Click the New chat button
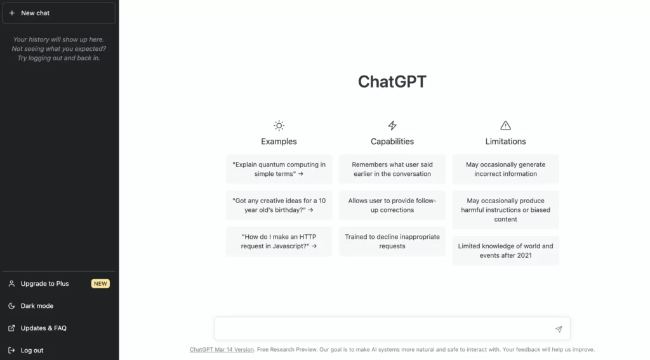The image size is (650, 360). pyautogui.click(x=59, y=13)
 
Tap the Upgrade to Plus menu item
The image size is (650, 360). pyautogui.click(x=45, y=284)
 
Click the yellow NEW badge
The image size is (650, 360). pyautogui.click(x=100, y=284)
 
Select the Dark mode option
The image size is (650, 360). pyautogui.click(x=37, y=305)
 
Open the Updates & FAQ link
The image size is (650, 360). pyautogui.click(x=44, y=328)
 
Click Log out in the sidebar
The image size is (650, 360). pyautogui.click(x=32, y=350)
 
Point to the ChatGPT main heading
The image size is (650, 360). pyautogui.click(x=392, y=82)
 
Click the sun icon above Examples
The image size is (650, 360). pyautogui.click(x=279, y=125)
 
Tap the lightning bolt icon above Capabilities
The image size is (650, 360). pyautogui.click(x=392, y=125)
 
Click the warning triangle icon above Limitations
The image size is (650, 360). pyautogui.click(x=505, y=125)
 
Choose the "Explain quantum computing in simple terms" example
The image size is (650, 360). pyautogui.click(x=279, y=170)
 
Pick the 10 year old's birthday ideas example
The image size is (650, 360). pyautogui.click(x=279, y=205)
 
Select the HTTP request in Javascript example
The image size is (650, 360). pyautogui.click(x=279, y=241)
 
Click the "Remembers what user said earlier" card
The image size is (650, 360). pyautogui.click(x=392, y=170)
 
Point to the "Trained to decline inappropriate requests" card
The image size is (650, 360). pyautogui.click(x=392, y=241)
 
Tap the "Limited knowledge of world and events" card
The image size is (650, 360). pyautogui.click(x=505, y=251)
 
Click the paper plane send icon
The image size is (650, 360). pyautogui.click(x=559, y=329)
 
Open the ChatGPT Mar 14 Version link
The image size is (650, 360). pyautogui.click(x=222, y=350)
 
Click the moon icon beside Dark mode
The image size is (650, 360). pyautogui.click(x=11, y=305)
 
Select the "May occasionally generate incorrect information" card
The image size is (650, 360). pyautogui.click(x=505, y=170)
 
